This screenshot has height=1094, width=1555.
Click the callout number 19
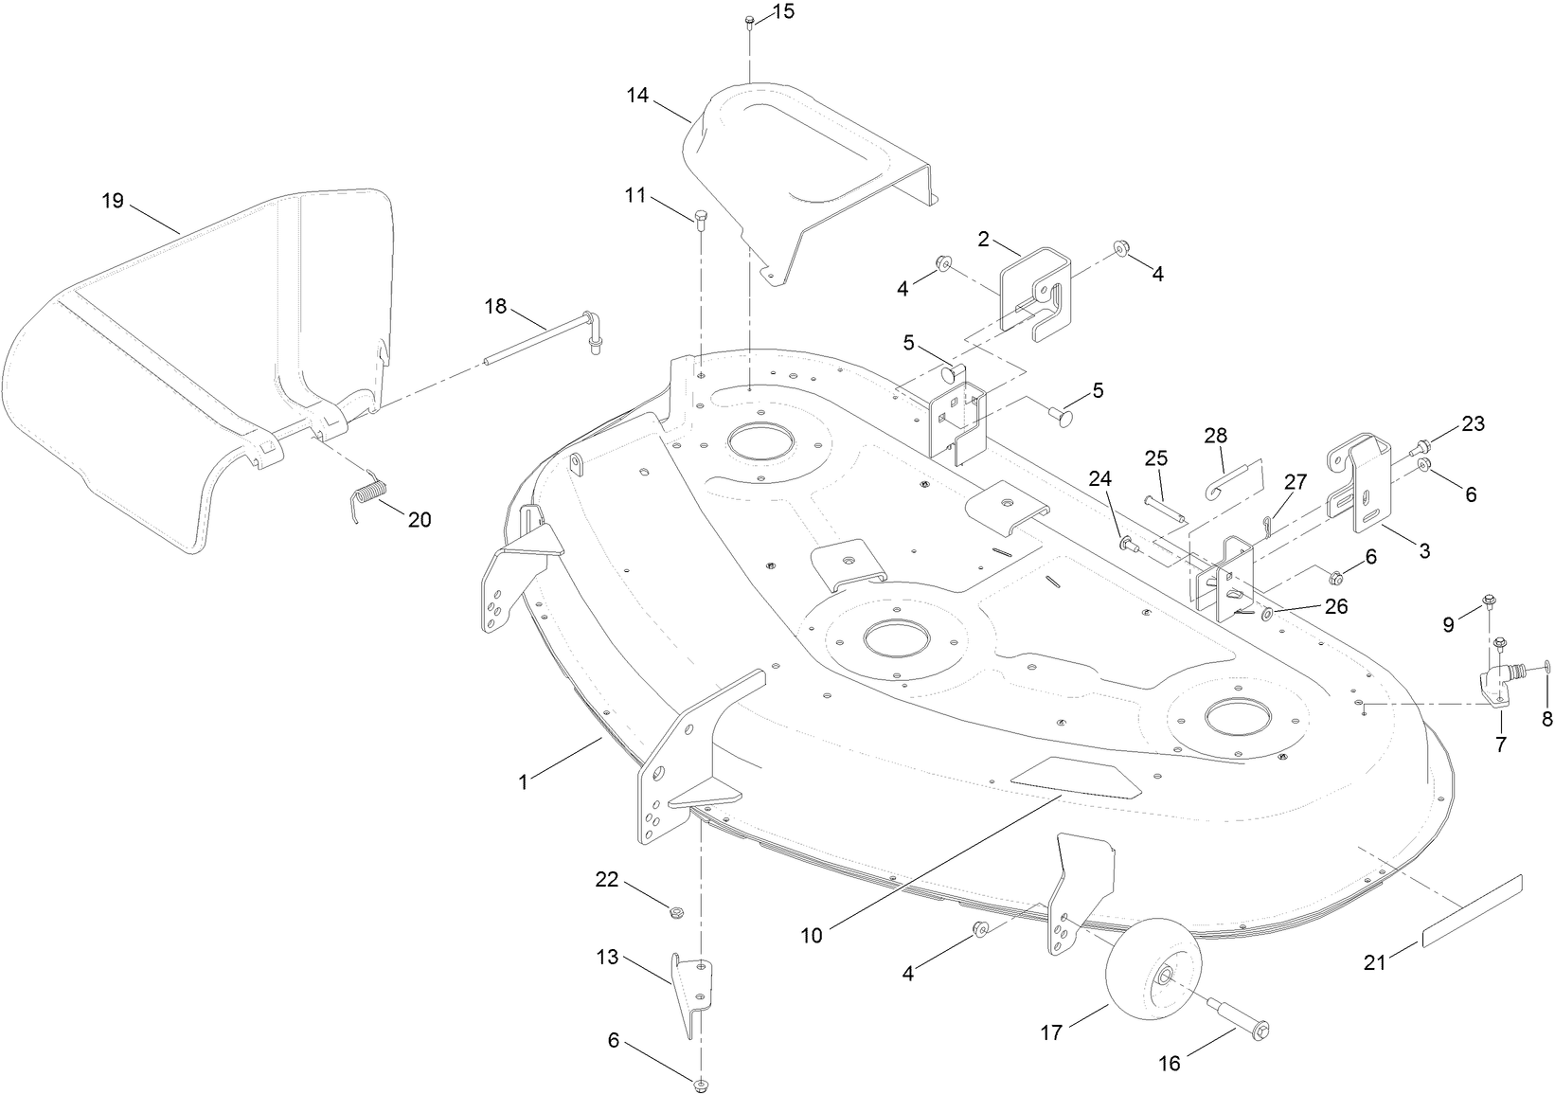pyautogui.click(x=113, y=201)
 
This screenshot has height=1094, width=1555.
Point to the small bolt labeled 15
pyautogui.click(x=749, y=20)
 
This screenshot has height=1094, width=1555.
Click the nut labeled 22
pyautogui.click(x=676, y=912)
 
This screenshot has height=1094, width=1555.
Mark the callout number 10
pyautogui.click(x=812, y=936)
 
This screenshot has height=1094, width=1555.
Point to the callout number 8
pyautogui.click(x=1546, y=719)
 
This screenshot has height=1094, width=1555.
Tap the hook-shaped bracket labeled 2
pyautogui.click(x=1035, y=284)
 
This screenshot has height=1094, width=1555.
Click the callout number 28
pyautogui.click(x=1215, y=436)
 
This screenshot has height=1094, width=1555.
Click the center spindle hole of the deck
pyautogui.click(x=894, y=640)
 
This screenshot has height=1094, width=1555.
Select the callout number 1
pyautogui.click(x=522, y=781)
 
